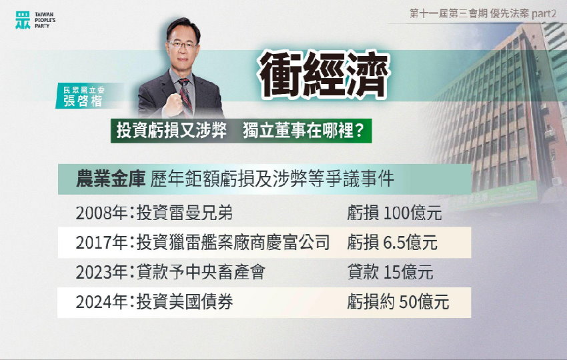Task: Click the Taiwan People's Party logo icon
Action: (x=23, y=19)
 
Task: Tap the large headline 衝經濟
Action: (x=324, y=75)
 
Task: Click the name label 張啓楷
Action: (x=83, y=101)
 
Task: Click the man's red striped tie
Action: (x=185, y=95)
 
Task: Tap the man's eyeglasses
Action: (x=182, y=45)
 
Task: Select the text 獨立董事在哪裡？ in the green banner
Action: (x=304, y=131)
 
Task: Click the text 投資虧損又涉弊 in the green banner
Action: (x=171, y=131)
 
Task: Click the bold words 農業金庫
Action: (x=111, y=179)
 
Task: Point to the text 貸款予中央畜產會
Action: (x=200, y=272)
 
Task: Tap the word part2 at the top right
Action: (x=544, y=14)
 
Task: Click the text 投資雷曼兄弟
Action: (x=184, y=213)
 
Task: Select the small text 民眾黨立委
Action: (x=83, y=90)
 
